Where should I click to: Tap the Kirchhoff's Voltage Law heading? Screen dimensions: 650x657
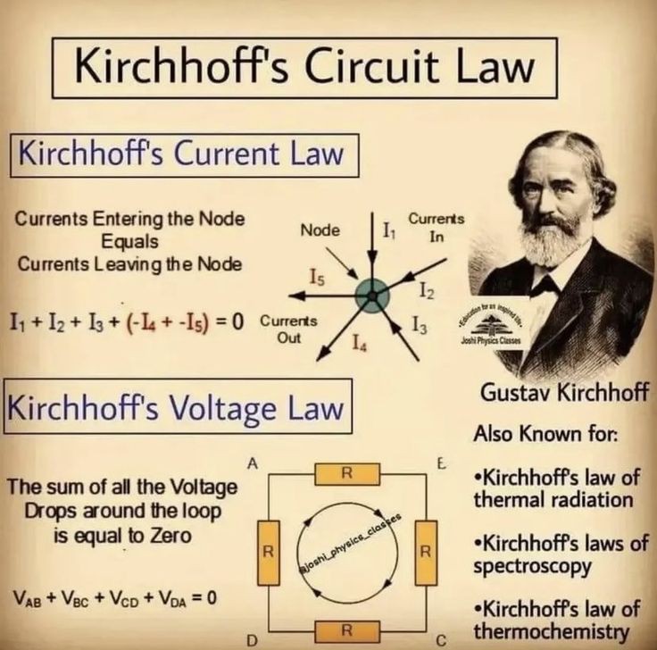click(x=176, y=409)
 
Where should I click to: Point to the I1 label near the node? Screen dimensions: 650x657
click(x=389, y=231)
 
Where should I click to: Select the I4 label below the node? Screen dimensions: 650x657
click(x=358, y=340)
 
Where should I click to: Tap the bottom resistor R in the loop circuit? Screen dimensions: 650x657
click(x=345, y=631)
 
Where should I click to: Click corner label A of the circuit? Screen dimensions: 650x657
click(x=254, y=463)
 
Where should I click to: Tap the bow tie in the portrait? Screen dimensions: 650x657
click(x=544, y=285)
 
